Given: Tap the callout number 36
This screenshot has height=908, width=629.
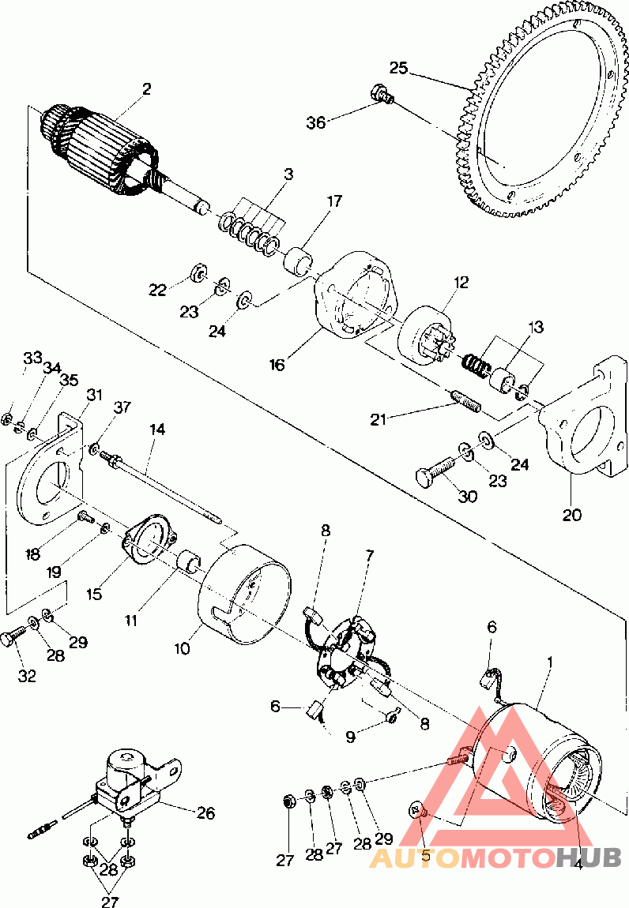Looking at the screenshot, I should (x=316, y=122).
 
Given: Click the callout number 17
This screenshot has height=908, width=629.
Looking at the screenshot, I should (x=334, y=201).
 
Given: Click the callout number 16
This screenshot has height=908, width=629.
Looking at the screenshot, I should (x=276, y=365).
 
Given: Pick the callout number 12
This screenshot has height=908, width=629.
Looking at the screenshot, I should (x=461, y=282).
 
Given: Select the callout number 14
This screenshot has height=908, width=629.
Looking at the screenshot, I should (x=158, y=430).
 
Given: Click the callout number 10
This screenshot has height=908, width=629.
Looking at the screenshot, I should (x=183, y=648).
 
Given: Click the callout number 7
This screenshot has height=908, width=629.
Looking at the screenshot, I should (x=369, y=556).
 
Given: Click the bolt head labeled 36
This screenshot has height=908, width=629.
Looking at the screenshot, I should (x=382, y=95).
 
